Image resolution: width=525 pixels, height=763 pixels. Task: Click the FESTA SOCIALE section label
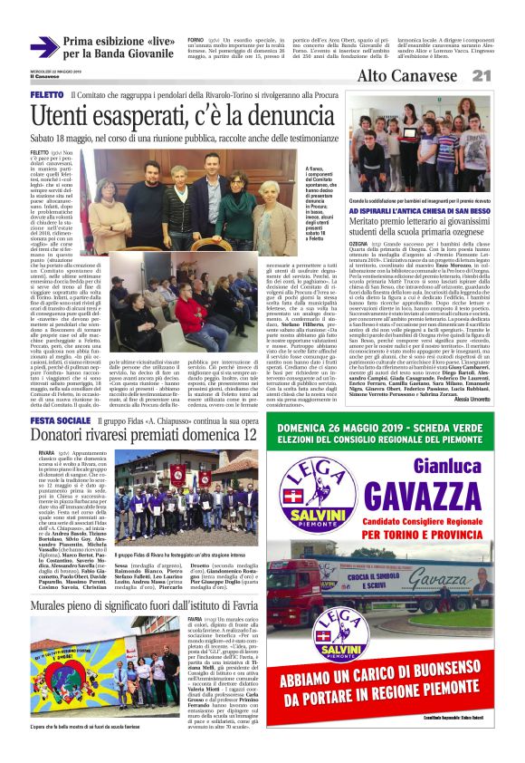click(60, 421)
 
